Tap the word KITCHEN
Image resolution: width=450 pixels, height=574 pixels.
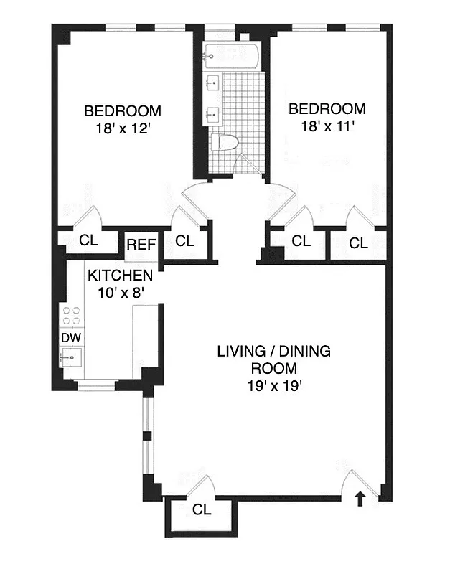[x=120, y=276]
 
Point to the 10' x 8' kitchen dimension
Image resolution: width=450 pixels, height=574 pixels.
[x=120, y=293]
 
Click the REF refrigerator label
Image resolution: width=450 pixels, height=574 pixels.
[x=141, y=245]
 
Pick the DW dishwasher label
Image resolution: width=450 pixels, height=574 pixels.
[x=70, y=337]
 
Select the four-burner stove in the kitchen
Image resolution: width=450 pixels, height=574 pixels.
[x=72, y=316]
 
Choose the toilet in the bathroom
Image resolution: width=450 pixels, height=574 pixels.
[x=228, y=142]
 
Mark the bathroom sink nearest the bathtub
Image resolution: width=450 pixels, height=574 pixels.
[x=213, y=83]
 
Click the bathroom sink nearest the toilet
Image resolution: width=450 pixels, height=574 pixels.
[x=213, y=113]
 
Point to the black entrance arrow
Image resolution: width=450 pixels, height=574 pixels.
[x=360, y=499]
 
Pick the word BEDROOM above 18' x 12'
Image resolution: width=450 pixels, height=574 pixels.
[x=123, y=111]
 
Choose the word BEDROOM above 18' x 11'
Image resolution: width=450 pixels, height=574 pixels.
[x=327, y=109]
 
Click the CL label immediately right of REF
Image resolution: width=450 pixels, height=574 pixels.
[x=185, y=241]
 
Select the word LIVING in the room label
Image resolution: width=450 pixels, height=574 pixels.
[x=241, y=352]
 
